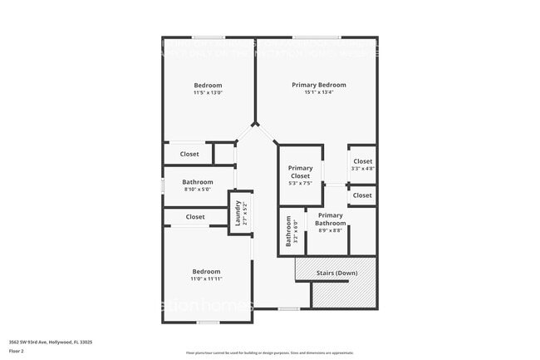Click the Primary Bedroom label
[318, 85]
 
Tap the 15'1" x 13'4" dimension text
[318, 92]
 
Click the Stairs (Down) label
[337, 273]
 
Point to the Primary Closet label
[300, 172]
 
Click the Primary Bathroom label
[330, 219]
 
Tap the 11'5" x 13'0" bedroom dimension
[208, 92]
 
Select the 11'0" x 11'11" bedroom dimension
[206, 279]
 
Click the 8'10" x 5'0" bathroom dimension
[198, 190]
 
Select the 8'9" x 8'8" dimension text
[330, 230]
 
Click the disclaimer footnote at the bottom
[269, 353]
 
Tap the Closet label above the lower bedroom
[195, 217]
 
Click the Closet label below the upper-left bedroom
[189, 154]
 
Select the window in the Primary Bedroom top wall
[316, 37]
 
